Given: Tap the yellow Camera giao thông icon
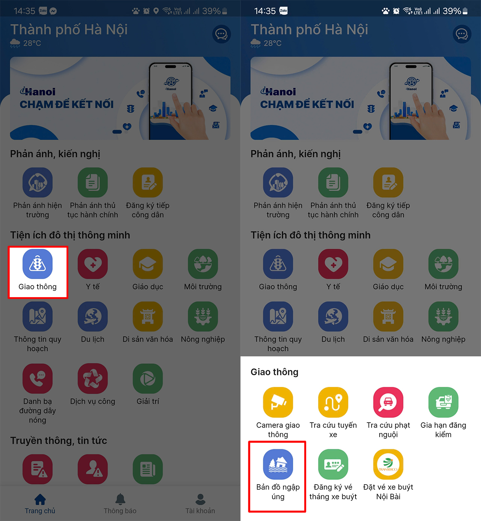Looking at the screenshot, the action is pyautogui.click(x=278, y=402).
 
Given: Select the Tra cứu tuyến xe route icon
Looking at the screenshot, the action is pyautogui.click(x=333, y=402).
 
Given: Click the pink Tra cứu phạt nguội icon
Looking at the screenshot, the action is pyautogui.click(x=388, y=402).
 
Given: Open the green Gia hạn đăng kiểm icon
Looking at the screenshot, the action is pyautogui.click(x=443, y=402).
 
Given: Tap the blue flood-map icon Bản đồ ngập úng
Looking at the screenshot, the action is pyautogui.click(x=278, y=464).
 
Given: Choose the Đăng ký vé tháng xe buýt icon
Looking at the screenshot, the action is pyautogui.click(x=333, y=464).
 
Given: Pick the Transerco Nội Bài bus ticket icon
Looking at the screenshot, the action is pyautogui.click(x=388, y=464).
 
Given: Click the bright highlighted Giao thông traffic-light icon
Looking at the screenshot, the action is pyautogui.click(x=38, y=264).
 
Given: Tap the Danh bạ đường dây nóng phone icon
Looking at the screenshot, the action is pyautogui.click(x=38, y=378).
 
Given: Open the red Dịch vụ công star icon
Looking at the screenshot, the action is pyautogui.click(x=93, y=378).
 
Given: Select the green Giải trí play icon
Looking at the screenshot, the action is pyautogui.click(x=148, y=378).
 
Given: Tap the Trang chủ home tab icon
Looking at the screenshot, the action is pyautogui.click(x=40, y=499).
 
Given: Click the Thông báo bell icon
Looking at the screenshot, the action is pyautogui.click(x=120, y=499).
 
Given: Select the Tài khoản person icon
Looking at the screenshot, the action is pyautogui.click(x=200, y=499).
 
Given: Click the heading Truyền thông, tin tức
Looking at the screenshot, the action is pyautogui.click(x=59, y=441).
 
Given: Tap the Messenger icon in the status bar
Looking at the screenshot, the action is pyautogui.click(x=53, y=11).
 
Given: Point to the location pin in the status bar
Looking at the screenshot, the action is pyautogui.click(x=156, y=11).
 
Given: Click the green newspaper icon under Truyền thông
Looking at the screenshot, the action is pyautogui.click(x=148, y=469).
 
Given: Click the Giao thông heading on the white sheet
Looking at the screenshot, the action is pyautogui.click(x=274, y=372).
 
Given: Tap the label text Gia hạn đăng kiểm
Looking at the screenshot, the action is pyautogui.click(x=443, y=430).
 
